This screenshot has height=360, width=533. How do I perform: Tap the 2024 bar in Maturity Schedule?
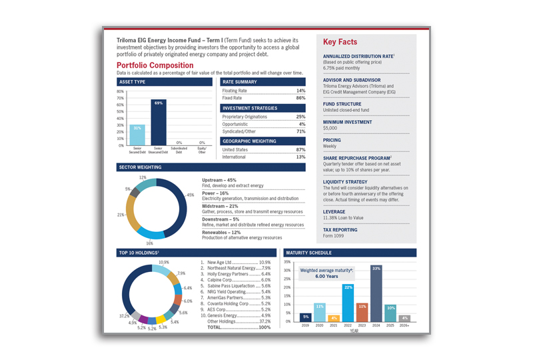pos(376,293)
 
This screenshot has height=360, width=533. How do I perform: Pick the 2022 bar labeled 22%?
pos(348,303)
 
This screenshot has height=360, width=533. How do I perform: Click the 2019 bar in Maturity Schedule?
pos(306,317)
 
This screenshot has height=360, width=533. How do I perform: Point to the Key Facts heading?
pos(340,42)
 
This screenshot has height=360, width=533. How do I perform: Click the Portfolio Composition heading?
pos(155,65)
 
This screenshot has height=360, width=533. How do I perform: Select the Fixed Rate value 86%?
pos(300,98)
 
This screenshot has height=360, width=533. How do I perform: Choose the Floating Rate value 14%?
pos(300,91)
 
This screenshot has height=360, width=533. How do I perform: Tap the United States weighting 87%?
pos(300,149)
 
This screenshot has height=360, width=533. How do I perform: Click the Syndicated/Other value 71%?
pos(300,131)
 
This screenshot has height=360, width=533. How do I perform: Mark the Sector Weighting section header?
pos(141,167)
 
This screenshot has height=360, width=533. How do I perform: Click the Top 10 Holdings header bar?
pos(139,253)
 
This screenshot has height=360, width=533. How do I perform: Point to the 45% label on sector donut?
pos(191,195)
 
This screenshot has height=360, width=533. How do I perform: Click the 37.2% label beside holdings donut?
pos(124,315)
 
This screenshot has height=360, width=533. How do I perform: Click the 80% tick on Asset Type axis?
pos(120,91)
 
